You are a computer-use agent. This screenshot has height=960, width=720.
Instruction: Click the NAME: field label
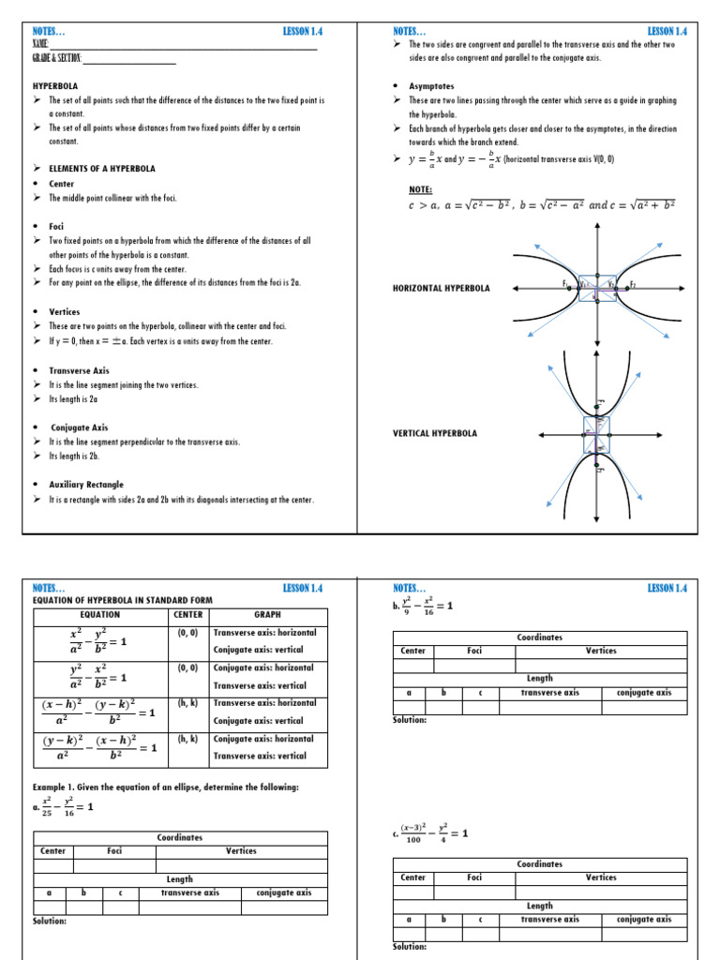[x=39, y=44]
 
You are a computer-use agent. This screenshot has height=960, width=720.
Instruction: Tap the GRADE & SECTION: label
[x=57, y=59]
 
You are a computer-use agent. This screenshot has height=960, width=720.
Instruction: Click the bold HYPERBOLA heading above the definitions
[x=54, y=84]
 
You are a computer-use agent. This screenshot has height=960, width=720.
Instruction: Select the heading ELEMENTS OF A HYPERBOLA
[x=102, y=169]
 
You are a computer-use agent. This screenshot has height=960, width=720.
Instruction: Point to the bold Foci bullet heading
[x=58, y=226]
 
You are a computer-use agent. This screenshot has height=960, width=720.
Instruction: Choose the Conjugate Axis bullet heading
[x=79, y=427]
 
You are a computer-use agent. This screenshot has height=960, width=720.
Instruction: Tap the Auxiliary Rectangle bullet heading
[x=85, y=485]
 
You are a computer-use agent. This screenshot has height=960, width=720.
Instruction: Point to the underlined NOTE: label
[x=408, y=189]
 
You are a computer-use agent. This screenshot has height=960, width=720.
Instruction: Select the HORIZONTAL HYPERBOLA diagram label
[x=441, y=288]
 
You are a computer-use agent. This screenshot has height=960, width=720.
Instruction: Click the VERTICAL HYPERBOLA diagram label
[x=434, y=433]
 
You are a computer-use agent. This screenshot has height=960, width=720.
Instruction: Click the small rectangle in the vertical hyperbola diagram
[x=596, y=433]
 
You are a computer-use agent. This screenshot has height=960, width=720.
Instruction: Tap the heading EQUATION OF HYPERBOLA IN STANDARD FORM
[x=123, y=600]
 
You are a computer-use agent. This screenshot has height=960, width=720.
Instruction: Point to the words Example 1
[x=57, y=787]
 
